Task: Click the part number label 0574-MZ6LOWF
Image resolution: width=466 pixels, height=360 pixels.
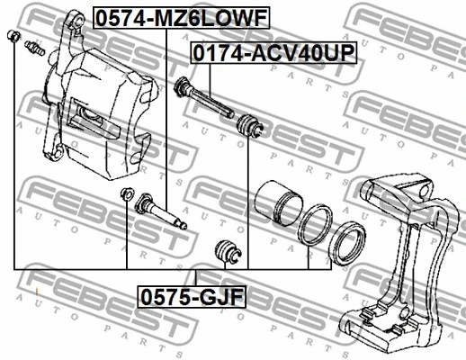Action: point(182,17)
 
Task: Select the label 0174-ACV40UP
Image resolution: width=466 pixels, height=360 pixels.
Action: point(273,52)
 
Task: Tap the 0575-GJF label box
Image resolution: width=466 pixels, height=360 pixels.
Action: point(192,297)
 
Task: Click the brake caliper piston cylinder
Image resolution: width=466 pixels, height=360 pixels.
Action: point(279,203)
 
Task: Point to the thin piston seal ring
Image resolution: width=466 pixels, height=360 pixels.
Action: point(315,224)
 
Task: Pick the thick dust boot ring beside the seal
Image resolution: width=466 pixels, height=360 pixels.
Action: point(347,243)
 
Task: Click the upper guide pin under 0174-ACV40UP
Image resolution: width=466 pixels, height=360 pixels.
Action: point(203,97)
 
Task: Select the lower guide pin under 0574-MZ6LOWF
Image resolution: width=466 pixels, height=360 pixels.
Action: point(161,211)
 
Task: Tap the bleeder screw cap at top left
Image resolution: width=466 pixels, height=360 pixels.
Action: point(13,36)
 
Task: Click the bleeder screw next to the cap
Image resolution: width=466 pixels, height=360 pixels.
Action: point(35,49)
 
